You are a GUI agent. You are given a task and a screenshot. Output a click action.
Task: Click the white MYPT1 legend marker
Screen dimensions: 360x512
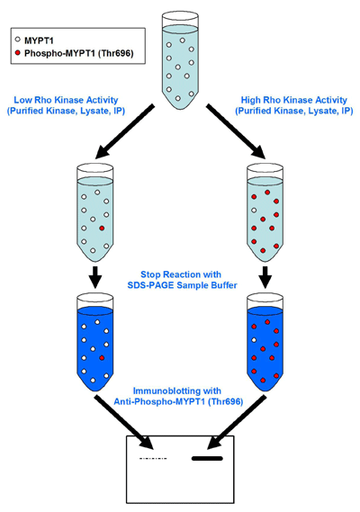click(18, 40)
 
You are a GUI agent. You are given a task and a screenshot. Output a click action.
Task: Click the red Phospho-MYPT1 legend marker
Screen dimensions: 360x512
click(18, 52)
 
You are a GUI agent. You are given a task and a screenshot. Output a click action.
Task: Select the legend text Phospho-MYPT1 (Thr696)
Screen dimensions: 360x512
click(78, 53)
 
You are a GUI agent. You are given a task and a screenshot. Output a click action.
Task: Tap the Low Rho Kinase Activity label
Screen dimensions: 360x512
click(66, 100)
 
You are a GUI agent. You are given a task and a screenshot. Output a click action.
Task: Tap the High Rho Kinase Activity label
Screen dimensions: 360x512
click(294, 100)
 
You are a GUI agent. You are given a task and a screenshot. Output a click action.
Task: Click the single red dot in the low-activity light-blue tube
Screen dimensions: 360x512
click(102, 228)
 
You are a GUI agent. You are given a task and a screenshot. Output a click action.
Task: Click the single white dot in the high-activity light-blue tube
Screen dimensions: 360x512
click(254, 211)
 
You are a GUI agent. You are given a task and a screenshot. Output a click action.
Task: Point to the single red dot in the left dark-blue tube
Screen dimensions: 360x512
click(102, 358)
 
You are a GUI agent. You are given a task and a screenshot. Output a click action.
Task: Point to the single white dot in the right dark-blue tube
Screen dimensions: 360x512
click(254, 340)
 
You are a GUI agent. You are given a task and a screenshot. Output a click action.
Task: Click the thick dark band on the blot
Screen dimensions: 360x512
click(207, 458)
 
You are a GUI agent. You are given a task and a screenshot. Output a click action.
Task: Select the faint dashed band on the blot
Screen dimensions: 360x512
click(153, 458)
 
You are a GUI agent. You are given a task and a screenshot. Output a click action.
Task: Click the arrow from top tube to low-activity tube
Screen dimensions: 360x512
click(124, 131)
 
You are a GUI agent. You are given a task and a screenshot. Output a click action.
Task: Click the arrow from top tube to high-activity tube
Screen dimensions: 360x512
click(236, 131)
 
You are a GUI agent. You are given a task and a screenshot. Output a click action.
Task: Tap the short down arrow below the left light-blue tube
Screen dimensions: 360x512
click(95, 277)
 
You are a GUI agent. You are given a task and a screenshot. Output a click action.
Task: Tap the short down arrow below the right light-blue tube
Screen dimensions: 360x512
click(265, 277)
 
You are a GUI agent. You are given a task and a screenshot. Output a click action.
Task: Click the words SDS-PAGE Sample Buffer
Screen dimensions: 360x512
click(183, 285)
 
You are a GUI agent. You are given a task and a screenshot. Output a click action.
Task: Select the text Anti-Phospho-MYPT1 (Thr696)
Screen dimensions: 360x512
click(178, 401)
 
